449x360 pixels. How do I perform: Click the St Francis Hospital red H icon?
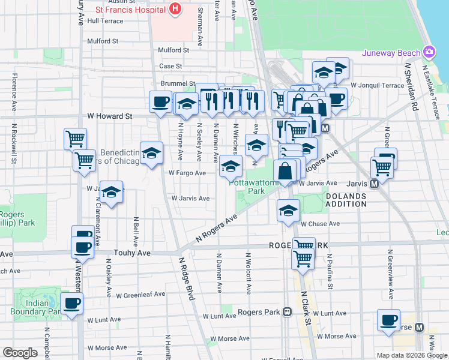pos(175,9)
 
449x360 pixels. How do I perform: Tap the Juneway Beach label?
pos(390,53)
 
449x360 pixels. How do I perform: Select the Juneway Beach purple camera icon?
pos(428,52)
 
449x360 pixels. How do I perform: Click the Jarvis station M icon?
pos(374,185)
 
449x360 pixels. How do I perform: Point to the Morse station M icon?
pos(419,328)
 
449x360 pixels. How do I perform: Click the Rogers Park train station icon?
pos(288,312)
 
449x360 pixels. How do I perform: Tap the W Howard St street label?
pos(109,116)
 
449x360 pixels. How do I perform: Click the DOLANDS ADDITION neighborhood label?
pos(346,200)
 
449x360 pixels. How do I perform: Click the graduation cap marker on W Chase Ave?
pos(288,211)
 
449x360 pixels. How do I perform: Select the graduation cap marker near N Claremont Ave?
pos(111,192)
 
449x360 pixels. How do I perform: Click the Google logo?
pos(20,353)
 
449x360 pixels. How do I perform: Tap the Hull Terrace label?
pos(105,21)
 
